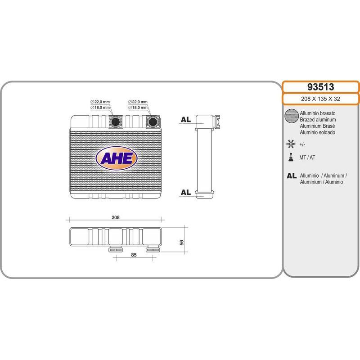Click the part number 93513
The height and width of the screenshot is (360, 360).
[x=320, y=87]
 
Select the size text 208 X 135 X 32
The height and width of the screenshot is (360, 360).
[x=320, y=99]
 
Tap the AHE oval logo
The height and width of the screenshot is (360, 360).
[x=117, y=158]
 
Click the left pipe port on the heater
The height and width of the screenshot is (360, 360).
[x=116, y=121]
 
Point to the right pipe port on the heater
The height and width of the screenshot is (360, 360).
[x=153, y=121]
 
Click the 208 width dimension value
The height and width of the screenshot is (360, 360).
[x=116, y=217]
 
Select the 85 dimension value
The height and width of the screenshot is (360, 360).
[x=134, y=255]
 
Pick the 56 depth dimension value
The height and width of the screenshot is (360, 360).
[x=182, y=243]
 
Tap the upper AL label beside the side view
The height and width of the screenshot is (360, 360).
[x=186, y=119]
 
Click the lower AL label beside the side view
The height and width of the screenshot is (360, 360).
[x=186, y=192]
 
